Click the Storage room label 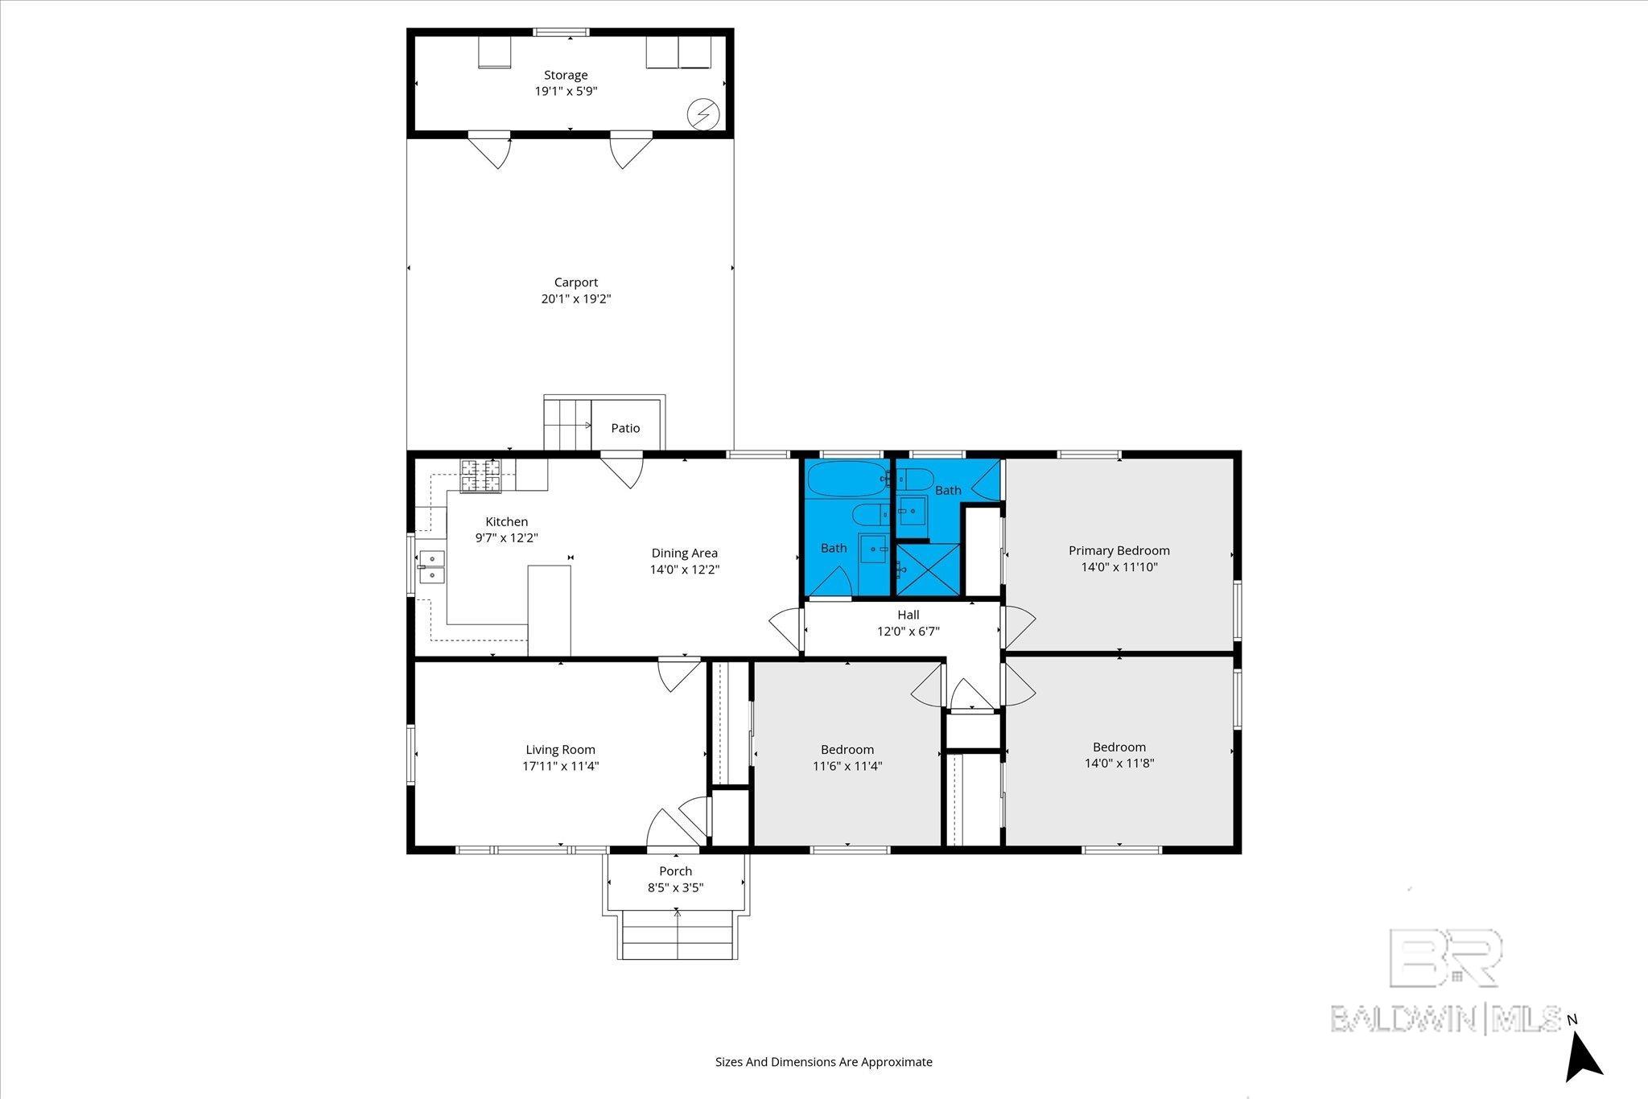click(566, 76)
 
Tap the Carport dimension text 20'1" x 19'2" click(576, 299)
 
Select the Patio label click(625, 428)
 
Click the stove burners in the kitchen click(480, 475)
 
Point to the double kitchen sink click(431, 566)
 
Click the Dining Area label click(685, 554)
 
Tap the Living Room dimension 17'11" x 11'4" click(561, 767)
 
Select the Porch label click(676, 871)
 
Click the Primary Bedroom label click(1119, 551)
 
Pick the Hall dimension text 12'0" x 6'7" click(908, 632)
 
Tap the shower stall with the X click(929, 570)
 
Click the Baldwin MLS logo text click(1446, 1019)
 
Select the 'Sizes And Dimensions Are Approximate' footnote click(824, 1062)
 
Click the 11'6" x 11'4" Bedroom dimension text click(847, 767)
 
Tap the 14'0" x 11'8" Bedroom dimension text click(1119, 764)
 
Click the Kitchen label click(507, 522)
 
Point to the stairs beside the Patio click(568, 424)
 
